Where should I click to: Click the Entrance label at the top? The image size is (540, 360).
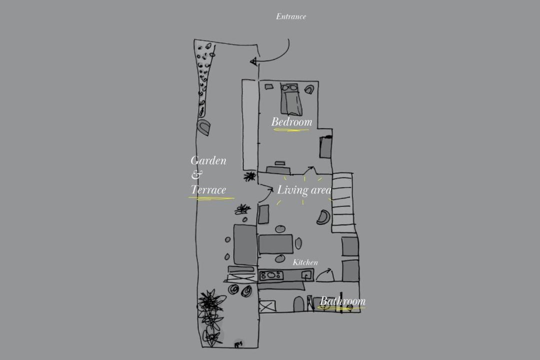[x=291, y=16]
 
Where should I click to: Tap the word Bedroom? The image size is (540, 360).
[x=291, y=121]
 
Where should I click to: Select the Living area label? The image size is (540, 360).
[x=304, y=190]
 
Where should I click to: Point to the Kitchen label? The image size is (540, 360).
[x=305, y=262]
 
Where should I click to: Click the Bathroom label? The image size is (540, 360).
[x=342, y=301]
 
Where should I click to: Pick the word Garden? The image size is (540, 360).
[x=208, y=160]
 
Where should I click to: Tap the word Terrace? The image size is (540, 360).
[x=208, y=189]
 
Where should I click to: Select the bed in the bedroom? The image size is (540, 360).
[x=291, y=99]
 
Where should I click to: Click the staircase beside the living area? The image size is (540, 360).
[x=342, y=202]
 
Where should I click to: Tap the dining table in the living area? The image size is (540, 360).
[x=276, y=244]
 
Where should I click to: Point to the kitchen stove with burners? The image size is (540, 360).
[x=271, y=275]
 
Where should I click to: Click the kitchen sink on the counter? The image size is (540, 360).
[x=306, y=274]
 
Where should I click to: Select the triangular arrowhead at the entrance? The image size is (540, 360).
[x=253, y=61]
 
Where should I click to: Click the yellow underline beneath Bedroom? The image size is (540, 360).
[x=291, y=130]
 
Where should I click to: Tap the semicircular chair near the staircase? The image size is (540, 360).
[x=323, y=217]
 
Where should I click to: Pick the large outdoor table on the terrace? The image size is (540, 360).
[x=245, y=244]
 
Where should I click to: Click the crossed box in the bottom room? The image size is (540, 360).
[x=267, y=306]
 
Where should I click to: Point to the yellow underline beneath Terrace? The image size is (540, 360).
[x=211, y=198]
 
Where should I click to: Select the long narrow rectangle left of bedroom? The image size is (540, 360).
[x=250, y=124]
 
